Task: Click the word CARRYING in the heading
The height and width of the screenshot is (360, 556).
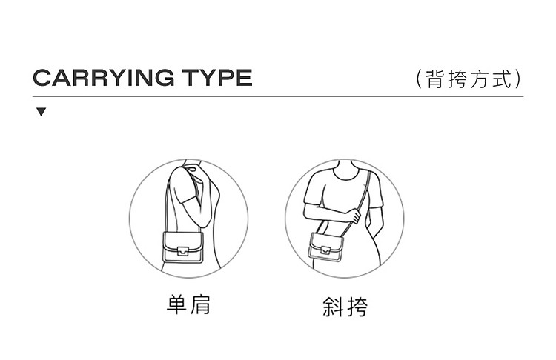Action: click(x=104, y=78)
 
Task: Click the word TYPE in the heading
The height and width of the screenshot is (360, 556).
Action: click(x=217, y=78)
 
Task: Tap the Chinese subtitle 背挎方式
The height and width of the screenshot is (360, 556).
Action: click(x=469, y=79)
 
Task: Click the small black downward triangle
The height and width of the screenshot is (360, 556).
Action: click(x=41, y=112)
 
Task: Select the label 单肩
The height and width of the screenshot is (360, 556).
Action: click(x=188, y=304)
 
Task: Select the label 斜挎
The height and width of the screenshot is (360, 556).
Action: click(x=345, y=307)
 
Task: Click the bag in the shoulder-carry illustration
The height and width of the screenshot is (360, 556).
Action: click(x=183, y=247)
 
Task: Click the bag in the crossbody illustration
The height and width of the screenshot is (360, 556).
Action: click(x=326, y=247)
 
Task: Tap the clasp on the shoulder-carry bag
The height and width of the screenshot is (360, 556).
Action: click(x=183, y=250)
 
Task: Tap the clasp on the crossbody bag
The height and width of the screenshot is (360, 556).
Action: click(x=325, y=250)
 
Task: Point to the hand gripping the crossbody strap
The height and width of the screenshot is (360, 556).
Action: click(x=353, y=216)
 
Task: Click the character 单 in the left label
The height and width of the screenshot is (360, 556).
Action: click(x=177, y=304)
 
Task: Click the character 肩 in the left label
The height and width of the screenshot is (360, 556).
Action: click(x=200, y=304)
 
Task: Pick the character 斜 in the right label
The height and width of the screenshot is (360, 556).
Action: click(x=333, y=307)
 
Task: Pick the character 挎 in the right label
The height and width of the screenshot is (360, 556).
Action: click(x=357, y=307)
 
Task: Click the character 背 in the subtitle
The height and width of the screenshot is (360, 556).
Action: click(x=434, y=79)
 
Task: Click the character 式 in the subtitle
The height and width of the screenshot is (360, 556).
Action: click(x=503, y=79)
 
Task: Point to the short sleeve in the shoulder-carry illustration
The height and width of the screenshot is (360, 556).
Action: click(x=182, y=185)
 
